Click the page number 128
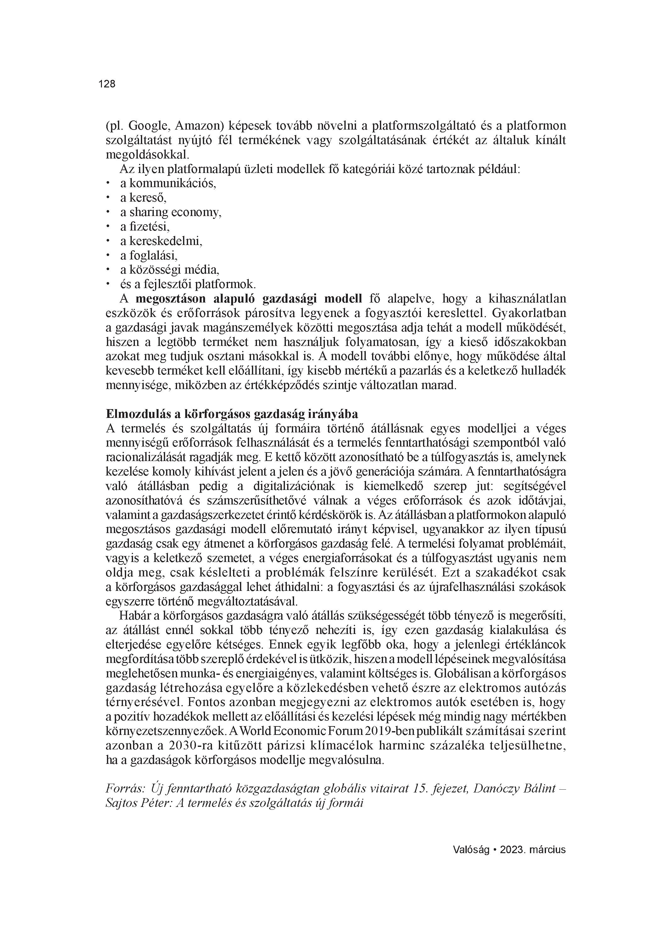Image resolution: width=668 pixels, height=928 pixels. pyautogui.click(x=107, y=84)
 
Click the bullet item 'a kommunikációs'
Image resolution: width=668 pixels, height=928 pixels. pyautogui.click(x=168, y=183)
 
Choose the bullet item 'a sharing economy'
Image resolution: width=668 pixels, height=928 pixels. pyautogui.click(x=171, y=212)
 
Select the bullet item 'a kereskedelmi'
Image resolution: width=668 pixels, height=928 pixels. pyautogui.click(x=161, y=241)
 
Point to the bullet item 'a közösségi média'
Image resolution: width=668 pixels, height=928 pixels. pyautogui.click(x=170, y=270)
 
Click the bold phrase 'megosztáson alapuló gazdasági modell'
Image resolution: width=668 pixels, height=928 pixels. pyautogui.click(x=249, y=299)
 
